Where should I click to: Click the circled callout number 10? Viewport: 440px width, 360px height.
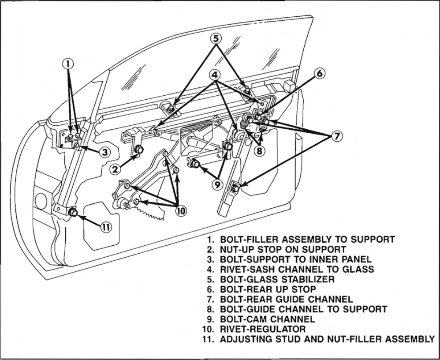(x=181, y=211)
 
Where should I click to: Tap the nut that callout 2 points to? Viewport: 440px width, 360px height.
(x=138, y=150)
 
